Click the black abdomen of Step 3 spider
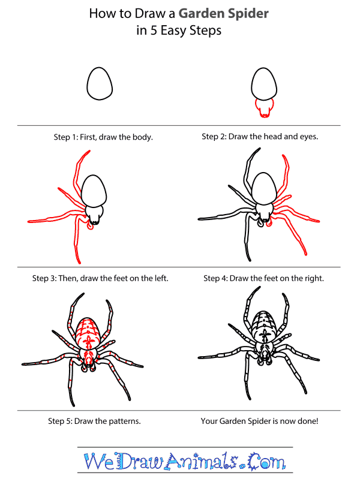pos(94,191)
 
